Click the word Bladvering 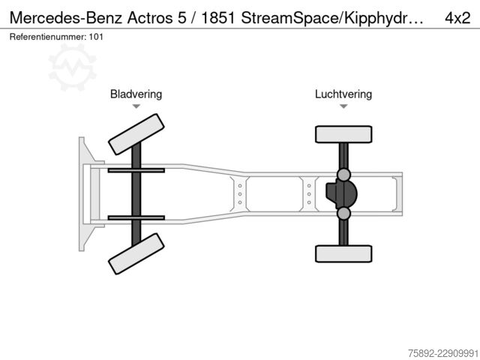click(x=136, y=94)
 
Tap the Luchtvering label click(x=343, y=94)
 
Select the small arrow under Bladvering click(x=136, y=106)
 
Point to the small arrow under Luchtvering click(x=343, y=106)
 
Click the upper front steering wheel click(x=136, y=134)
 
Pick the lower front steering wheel click(x=136, y=253)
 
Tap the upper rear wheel click(x=343, y=134)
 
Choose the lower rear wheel click(x=343, y=253)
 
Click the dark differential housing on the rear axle click(x=341, y=194)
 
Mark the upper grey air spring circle click(x=343, y=175)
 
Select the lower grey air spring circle click(x=343, y=213)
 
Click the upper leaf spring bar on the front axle click(x=136, y=170)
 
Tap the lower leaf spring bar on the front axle click(x=136, y=218)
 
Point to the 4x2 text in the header click(x=457, y=18)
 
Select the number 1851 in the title click(x=218, y=18)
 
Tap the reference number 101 click(x=96, y=37)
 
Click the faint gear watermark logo click(x=72, y=67)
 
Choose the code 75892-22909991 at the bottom click(x=443, y=353)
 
